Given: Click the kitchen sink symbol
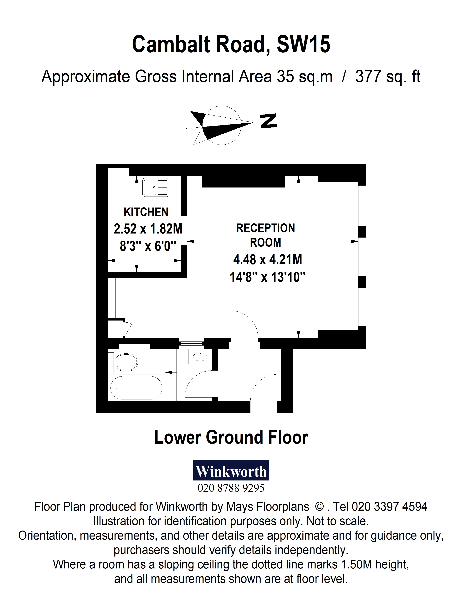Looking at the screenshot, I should (x=156, y=187).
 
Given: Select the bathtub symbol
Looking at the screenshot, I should (x=136, y=388).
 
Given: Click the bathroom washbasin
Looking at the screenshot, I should (x=200, y=357).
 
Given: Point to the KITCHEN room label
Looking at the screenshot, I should (x=146, y=212).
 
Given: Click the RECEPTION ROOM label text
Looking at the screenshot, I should (x=265, y=235).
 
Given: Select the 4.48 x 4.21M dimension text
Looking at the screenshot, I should (x=267, y=259).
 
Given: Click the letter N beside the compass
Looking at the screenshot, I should (x=269, y=121).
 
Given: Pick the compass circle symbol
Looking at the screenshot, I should (x=221, y=125).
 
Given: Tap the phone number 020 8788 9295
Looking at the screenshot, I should (x=231, y=488).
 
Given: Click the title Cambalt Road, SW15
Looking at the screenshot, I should (x=231, y=44).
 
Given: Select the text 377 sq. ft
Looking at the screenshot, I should (x=387, y=77).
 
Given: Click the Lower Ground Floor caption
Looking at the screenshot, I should (x=231, y=438).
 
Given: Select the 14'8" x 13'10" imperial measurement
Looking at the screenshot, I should (x=267, y=277).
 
